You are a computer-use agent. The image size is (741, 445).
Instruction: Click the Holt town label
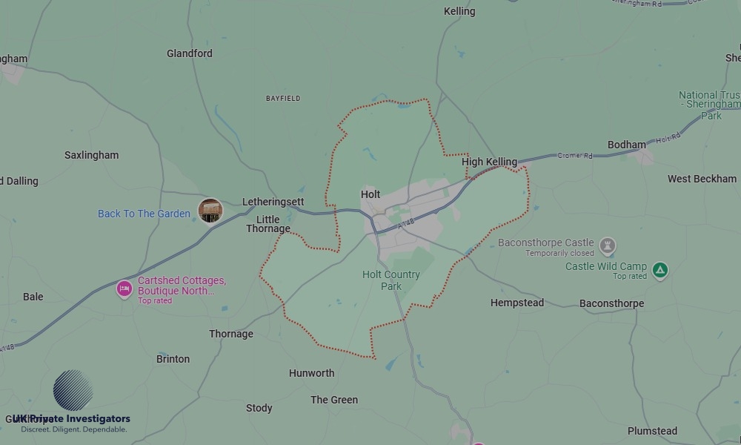pyautogui.click(x=370, y=194)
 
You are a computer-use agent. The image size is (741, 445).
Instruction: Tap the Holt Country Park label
pyautogui.click(x=391, y=280)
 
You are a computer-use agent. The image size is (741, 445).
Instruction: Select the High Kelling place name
pyautogui.click(x=489, y=162)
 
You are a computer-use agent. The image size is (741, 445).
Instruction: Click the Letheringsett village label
pyautogui.click(x=273, y=202)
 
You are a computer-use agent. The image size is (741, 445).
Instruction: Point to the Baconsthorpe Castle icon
pyautogui.click(x=608, y=245)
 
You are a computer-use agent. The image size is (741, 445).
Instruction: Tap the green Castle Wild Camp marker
pyautogui.click(x=660, y=271)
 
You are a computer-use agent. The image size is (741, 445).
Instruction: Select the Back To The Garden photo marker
pyautogui.click(x=210, y=211)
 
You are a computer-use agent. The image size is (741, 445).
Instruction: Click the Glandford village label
pyautogui.click(x=190, y=53)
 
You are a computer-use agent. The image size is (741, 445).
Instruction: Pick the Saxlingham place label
pyautogui.click(x=91, y=155)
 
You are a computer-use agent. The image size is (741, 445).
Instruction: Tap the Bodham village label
pyautogui.click(x=627, y=145)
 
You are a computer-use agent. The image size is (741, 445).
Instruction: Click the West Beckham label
pyautogui.click(x=702, y=179)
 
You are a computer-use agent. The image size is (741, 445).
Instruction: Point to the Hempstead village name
pyautogui.click(x=517, y=303)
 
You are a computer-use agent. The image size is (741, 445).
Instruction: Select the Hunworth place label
pyautogui.click(x=311, y=373)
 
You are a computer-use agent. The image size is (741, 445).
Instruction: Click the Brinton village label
pyautogui.click(x=173, y=359)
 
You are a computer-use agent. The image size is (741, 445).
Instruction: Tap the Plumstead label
pyautogui.click(x=652, y=431)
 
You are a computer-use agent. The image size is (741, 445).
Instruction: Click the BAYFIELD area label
pyautogui.click(x=283, y=98)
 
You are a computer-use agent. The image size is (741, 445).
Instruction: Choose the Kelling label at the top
pyautogui.click(x=459, y=11)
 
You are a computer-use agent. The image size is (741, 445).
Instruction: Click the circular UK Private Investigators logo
pyautogui.click(x=73, y=390)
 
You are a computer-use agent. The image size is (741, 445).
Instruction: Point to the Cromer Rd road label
pyautogui.click(x=575, y=156)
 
